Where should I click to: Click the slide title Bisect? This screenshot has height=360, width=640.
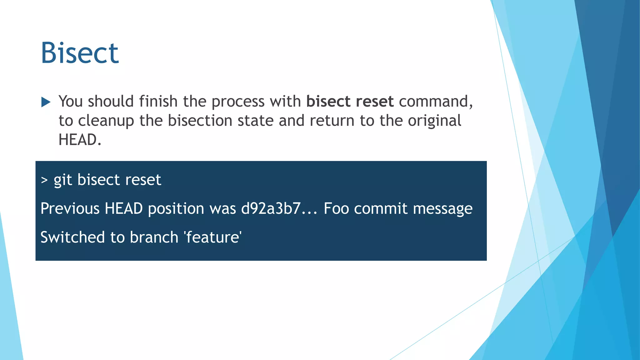80,53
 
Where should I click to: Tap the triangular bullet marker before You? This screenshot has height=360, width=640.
46,102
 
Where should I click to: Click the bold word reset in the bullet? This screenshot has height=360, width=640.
374,101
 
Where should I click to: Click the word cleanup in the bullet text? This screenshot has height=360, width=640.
106,121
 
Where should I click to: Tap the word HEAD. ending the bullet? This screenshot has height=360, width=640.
80,140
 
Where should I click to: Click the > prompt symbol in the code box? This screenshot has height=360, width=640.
44,180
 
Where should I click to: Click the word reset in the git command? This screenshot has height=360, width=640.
143,180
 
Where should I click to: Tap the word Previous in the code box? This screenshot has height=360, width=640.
70,208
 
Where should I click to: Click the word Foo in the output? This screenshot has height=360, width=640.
336,208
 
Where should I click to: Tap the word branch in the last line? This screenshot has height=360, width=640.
154,237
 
